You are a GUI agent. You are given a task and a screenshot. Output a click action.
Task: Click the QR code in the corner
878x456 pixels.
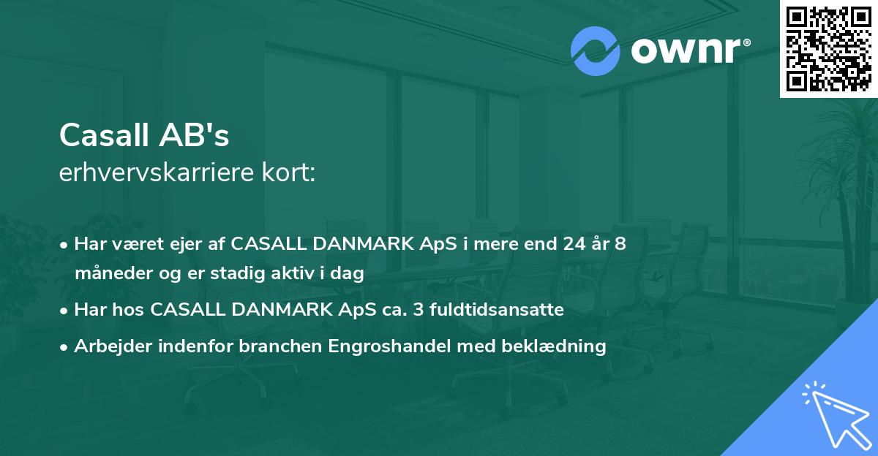[828, 49]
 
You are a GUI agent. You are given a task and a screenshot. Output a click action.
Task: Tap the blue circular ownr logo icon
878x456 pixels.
[596, 51]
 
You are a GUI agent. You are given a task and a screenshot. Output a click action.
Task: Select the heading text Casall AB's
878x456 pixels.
[144, 134]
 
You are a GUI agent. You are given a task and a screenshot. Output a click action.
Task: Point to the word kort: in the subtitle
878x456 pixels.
[291, 174]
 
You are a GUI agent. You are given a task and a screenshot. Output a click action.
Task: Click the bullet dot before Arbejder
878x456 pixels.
[64, 347]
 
